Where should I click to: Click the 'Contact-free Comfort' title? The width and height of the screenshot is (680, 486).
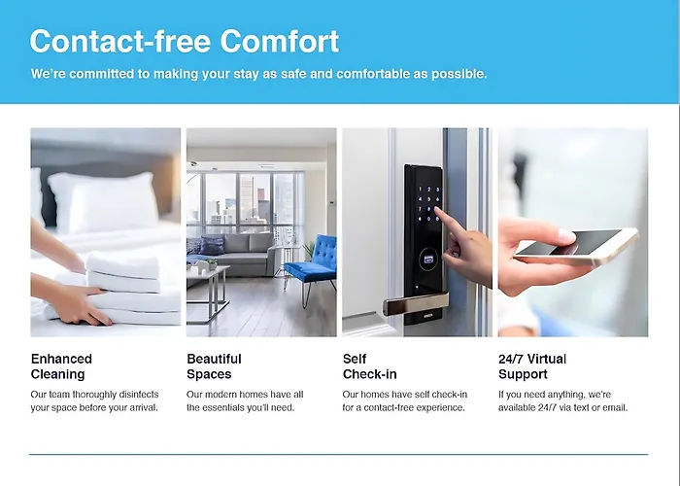[185, 41]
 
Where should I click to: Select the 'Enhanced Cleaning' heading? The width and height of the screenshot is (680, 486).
[61, 366]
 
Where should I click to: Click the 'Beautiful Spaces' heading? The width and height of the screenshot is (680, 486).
[215, 366]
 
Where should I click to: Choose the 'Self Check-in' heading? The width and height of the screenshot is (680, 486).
[369, 366]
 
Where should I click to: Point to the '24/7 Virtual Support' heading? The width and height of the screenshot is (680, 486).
[532, 366]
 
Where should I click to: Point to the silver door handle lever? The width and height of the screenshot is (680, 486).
[416, 303]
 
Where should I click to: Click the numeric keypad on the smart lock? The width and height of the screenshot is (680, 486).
[428, 204]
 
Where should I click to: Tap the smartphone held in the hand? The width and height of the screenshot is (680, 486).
[577, 247]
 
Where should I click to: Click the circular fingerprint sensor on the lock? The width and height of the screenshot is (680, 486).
[428, 260]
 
